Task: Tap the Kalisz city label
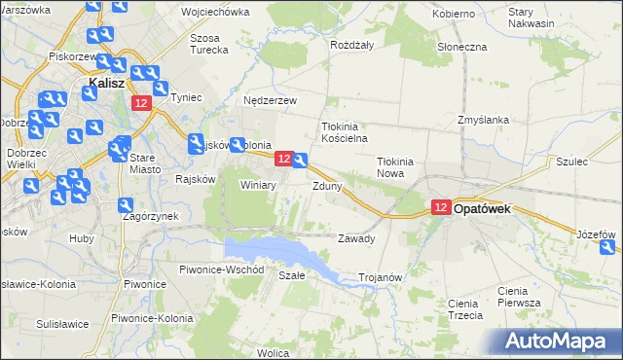click(x=105, y=84)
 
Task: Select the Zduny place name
click(x=326, y=186)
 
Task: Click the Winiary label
click(x=259, y=184)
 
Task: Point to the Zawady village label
click(x=355, y=238)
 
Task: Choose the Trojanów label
click(x=381, y=277)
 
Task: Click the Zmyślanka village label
click(x=484, y=120)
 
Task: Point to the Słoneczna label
click(x=462, y=47)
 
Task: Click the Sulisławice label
click(x=63, y=323)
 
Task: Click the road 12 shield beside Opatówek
click(x=441, y=207)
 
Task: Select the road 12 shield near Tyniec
click(x=142, y=104)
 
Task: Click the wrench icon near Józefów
click(x=608, y=248)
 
